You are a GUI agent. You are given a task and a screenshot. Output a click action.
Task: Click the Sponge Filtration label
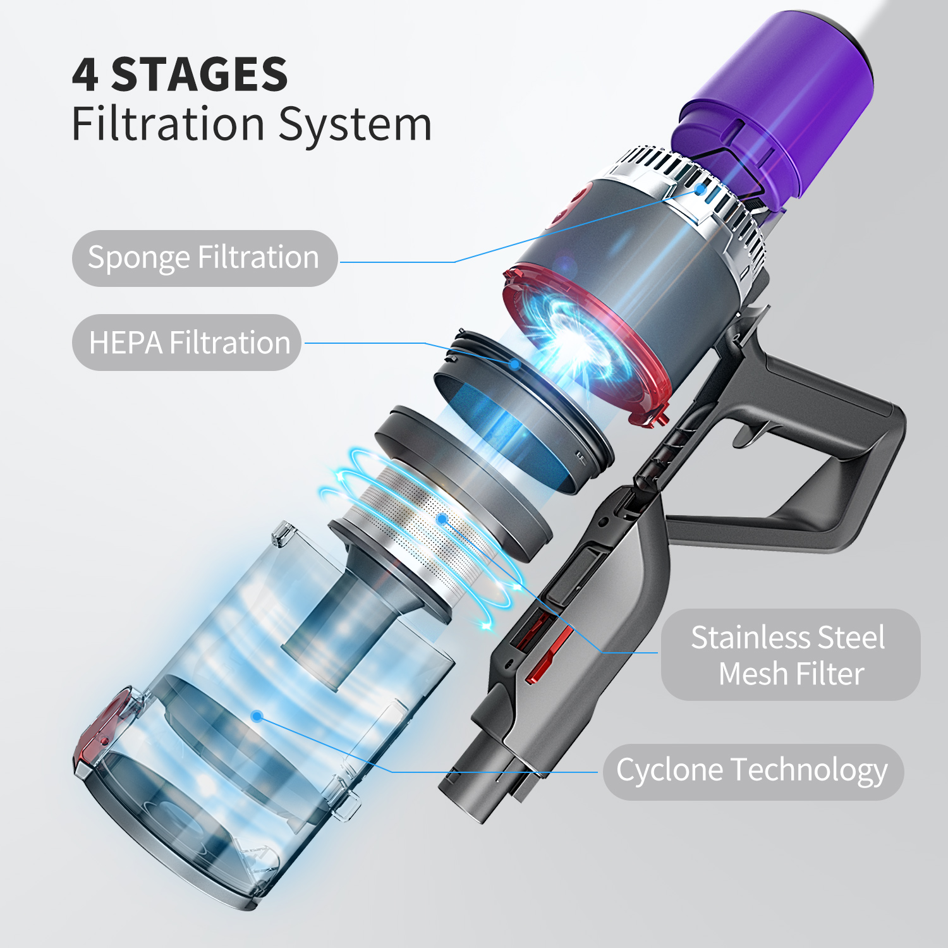(x=204, y=258)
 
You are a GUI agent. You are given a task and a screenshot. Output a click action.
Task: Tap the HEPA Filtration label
(x=187, y=343)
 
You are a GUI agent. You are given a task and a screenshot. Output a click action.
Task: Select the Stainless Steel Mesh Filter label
(x=790, y=655)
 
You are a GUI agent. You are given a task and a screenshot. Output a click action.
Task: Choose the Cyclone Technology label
(x=753, y=772)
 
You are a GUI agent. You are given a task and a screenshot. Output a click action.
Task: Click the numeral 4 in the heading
(x=85, y=75)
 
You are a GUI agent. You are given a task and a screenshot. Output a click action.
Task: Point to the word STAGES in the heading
(x=199, y=75)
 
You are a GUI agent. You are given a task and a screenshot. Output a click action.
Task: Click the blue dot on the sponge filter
(x=700, y=188)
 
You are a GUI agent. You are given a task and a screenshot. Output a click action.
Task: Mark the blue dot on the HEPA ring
(x=515, y=365)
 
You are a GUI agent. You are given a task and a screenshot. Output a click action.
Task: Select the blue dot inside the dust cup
(x=257, y=716)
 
